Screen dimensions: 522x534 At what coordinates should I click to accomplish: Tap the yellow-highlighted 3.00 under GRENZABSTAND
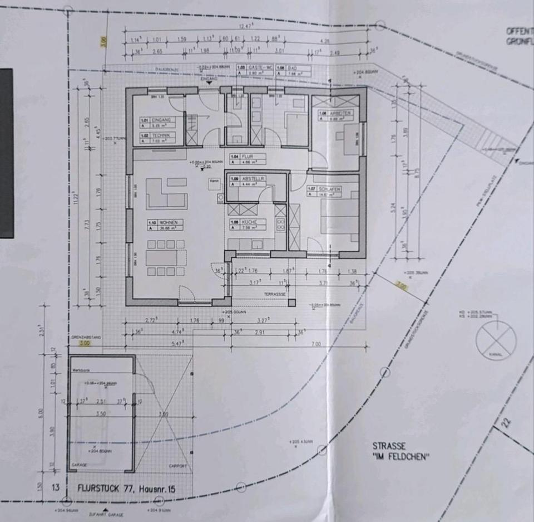85,344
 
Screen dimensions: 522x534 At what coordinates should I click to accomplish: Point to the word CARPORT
177,466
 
